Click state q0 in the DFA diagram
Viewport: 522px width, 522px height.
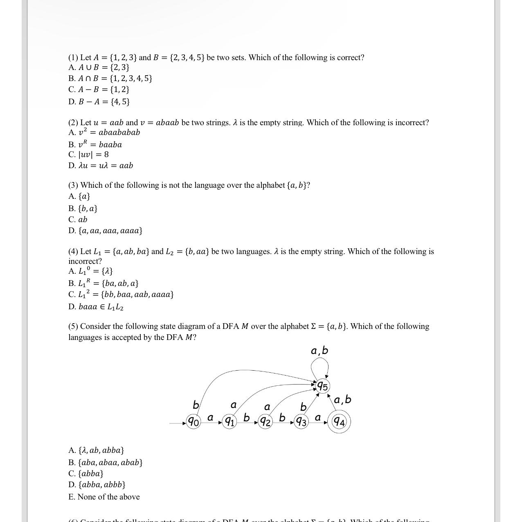(x=193, y=421)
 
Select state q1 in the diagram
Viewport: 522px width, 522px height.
(x=229, y=421)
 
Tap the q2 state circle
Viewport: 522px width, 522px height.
(x=265, y=421)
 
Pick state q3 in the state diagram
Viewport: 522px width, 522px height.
(x=301, y=421)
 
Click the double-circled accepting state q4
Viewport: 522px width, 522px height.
(x=339, y=421)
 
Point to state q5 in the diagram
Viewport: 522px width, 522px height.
(x=322, y=386)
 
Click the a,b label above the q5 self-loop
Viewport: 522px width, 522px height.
(x=319, y=351)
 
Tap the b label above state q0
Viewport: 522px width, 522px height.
(x=196, y=405)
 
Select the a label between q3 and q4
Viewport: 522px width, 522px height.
(x=317, y=417)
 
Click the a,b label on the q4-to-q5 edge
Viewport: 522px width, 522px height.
(x=342, y=399)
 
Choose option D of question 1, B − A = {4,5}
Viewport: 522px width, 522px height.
(x=99, y=101)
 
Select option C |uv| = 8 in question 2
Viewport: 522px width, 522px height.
(x=89, y=154)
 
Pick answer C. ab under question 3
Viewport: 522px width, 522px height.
(x=78, y=219)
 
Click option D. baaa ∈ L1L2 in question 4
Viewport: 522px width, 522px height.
(x=96, y=306)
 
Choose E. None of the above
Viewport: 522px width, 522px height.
(x=104, y=497)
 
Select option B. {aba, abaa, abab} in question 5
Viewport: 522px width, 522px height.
(x=106, y=462)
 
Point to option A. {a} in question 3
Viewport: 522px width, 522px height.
(x=79, y=196)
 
